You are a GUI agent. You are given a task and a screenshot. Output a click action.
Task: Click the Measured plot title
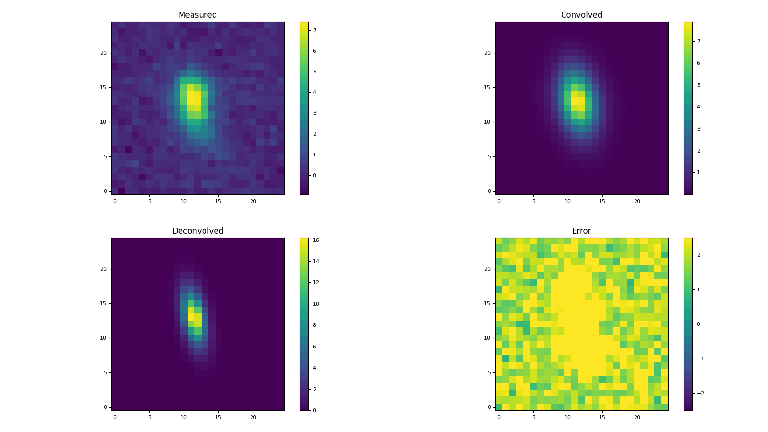pyautogui.click(x=197, y=15)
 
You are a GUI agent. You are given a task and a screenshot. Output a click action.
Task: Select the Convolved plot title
pyautogui.click(x=581, y=15)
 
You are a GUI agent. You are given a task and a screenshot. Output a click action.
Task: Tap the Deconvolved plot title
pyautogui.click(x=197, y=231)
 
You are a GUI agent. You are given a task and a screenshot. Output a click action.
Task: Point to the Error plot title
pyautogui.click(x=581, y=231)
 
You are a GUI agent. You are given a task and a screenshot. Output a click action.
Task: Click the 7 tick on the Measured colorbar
pyautogui.click(x=315, y=30)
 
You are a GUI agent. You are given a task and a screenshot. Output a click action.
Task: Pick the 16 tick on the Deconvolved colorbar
pyautogui.click(x=316, y=240)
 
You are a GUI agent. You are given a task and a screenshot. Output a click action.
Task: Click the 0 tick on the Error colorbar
pyautogui.click(x=698, y=324)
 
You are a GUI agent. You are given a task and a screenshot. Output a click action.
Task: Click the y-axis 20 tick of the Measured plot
pyautogui.click(x=103, y=53)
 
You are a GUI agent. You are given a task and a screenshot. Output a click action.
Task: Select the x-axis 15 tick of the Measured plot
pyautogui.click(x=218, y=201)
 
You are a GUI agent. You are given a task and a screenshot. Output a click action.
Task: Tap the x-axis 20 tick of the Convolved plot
pyautogui.click(x=637, y=201)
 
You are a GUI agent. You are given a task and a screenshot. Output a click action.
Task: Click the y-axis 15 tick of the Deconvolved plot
pyautogui.click(x=103, y=303)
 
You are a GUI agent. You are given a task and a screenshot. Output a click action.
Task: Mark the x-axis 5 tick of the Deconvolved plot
pyautogui.click(x=149, y=417)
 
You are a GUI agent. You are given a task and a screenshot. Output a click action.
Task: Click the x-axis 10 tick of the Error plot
pyautogui.click(x=568, y=417)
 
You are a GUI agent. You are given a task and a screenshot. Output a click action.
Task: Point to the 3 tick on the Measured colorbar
pyautogui.click(x=315, y=113)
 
